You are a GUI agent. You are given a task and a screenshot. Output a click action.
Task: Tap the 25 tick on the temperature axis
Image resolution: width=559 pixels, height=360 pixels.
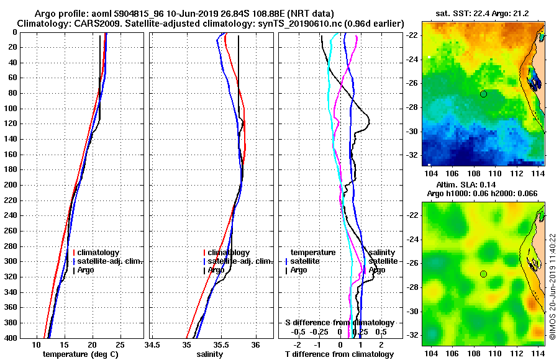pos(120,344)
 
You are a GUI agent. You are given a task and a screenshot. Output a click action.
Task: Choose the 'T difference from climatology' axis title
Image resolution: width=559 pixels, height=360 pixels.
pos(339,354)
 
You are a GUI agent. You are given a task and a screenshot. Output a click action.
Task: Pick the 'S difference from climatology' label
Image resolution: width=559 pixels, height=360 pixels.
pos(340,323)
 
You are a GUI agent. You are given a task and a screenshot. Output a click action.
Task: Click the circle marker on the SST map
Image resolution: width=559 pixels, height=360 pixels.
pos(483,94)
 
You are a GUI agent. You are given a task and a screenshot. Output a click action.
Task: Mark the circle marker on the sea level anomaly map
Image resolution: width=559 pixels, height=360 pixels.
pos(483,274)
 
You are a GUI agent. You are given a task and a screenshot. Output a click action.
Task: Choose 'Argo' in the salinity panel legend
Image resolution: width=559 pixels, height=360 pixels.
pos(216,270)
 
